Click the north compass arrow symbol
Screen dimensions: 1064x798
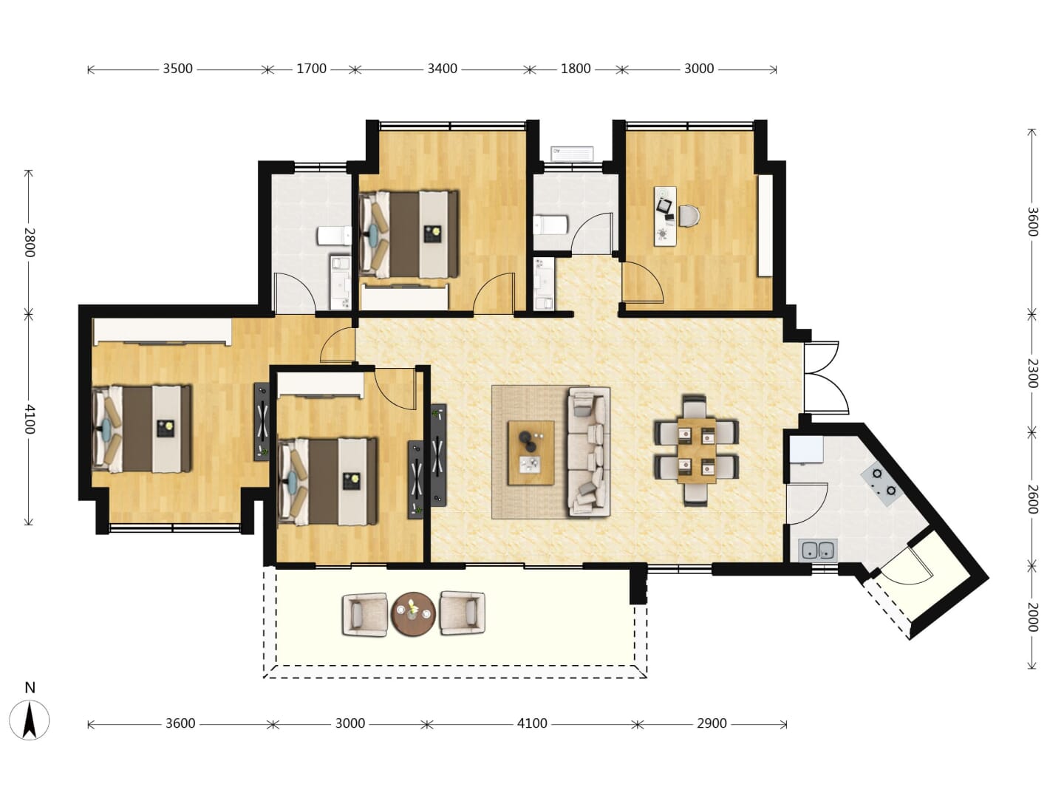(30, 720)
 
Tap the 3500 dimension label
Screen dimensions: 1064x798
(177, 69)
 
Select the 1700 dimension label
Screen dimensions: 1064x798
(311, 69)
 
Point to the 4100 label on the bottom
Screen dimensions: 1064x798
(532, 723)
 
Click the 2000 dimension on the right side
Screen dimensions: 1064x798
(1032, 617)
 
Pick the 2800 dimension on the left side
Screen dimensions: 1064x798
(29, 242)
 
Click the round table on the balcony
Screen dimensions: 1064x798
(414, 613)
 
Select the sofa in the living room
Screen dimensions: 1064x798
(589, 451)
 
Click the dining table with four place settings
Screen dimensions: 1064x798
(697, 451)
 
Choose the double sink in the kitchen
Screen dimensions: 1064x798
(818, 550)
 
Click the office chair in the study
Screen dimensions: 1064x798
(689, 216)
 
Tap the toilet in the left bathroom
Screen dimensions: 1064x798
(335, 236)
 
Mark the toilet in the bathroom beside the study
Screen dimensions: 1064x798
(550, 225)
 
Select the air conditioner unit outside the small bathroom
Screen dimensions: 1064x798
(572, 154)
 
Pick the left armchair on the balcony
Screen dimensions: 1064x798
(365, 614)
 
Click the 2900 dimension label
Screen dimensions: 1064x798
(712, 723)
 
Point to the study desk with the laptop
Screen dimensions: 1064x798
(665, 216)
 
